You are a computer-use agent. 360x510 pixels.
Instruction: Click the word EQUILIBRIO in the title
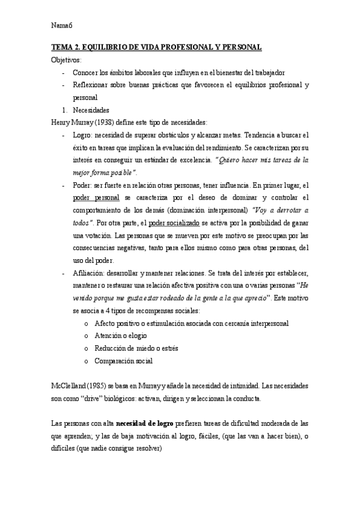(x=104, y=48)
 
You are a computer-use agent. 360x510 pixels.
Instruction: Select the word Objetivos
(x=67, y=60)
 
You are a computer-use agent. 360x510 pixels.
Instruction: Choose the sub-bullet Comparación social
(x=124, y=361)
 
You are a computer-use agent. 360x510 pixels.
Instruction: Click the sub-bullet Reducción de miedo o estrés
(x=136, y=348)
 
